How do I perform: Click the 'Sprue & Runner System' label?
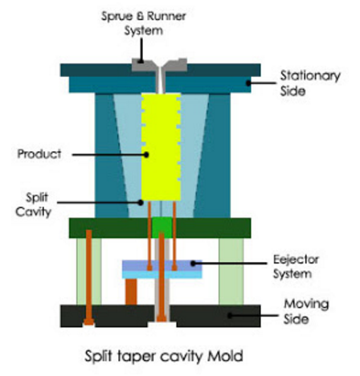143,23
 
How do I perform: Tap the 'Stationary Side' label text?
310,83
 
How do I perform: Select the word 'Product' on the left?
39,154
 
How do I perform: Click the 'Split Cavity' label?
34,205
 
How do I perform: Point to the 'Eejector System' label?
296,267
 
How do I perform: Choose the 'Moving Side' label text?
306,312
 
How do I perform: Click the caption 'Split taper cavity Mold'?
164,356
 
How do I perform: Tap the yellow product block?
161,147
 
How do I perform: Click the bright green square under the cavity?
162,227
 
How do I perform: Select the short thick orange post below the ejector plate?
131,292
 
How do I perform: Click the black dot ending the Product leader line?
146,154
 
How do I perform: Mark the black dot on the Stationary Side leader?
248,83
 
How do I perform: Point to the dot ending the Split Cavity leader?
141,202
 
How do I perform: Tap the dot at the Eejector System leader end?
193,264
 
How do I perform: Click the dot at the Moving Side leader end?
230,316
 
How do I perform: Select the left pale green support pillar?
89,272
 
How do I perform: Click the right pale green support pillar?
231,272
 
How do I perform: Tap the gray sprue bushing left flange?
144,65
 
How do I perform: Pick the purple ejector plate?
162,265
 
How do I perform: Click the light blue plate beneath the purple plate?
162,275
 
